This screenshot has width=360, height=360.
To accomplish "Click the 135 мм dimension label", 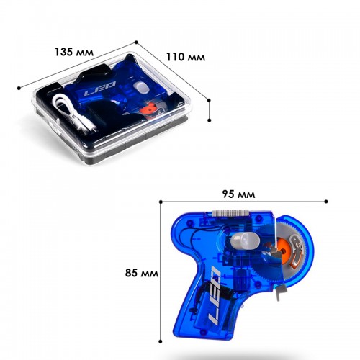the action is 74,52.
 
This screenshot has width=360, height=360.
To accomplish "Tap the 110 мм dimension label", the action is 186,57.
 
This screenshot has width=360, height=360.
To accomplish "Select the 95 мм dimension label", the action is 238,194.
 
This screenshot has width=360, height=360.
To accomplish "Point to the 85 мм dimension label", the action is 142,273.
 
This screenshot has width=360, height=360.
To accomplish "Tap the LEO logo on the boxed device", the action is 100,88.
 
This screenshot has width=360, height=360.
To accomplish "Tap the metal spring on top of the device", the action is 230,212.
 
